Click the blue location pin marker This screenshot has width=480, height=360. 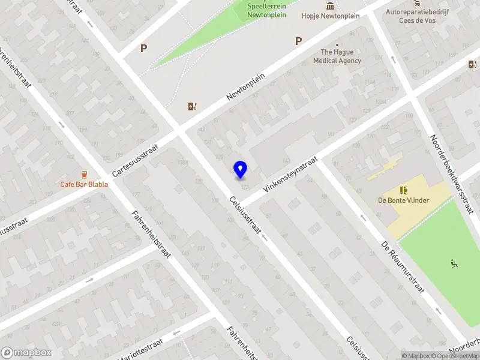pyautogui.click(x=240, y=170)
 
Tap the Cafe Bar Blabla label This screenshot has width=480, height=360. pyautogui.click(x=84, y=184)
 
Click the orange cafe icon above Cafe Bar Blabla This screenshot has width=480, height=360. pyautogui.click(x=84, y=174)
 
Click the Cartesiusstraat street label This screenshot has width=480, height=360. pyautogui.click(x=135, y=160)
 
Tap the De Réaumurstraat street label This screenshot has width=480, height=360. pyautogui.click(x=404, y=268)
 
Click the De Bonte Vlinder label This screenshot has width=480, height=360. pyautogui.click(x=403, y=200)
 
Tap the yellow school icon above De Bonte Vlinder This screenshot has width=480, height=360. pyautogui.click(x=403, y=190)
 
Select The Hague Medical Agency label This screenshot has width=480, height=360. pyautogui.click(x=337, y=56)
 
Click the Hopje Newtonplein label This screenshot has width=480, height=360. pyautogui.click(x=330, y=16)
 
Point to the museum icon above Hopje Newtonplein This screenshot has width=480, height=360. pyautogui.click(x=330, y=6)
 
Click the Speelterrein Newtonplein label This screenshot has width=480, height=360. pyautogui.click(x=267, y=11)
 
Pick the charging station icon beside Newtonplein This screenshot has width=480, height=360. pyautogui.click(x=192, y=107)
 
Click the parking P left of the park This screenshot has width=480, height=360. pyautogui.click(x=143, y=49)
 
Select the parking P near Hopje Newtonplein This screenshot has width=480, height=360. pyautogui.click(x=298, y=41)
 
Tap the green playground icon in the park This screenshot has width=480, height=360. pyautogui.click(x=453, y=263)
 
